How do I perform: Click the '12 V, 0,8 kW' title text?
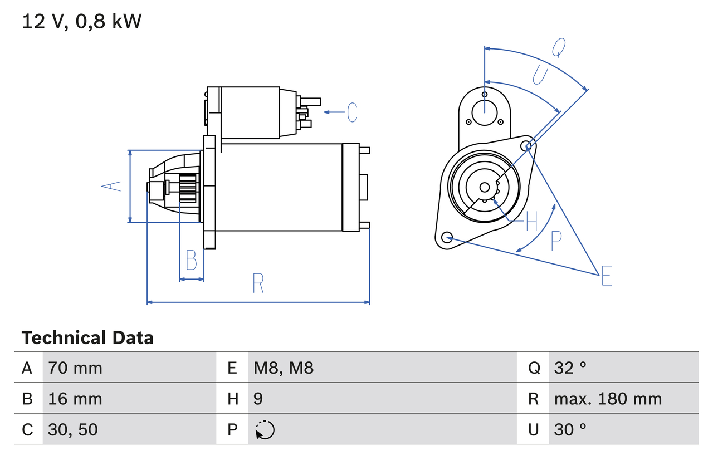pos(82,22)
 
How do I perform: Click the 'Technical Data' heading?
pos(87,338)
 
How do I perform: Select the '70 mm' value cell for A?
pos(75,368)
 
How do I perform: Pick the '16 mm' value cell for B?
pos(75,399)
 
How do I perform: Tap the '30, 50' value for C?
pos(73,429)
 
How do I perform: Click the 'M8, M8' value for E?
pos(284,368)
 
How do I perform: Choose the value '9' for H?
pos(258,399)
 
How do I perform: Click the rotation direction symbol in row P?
pos(265,430)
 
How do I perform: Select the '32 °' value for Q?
pos(570,368)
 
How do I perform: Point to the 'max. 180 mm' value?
pos(608,399)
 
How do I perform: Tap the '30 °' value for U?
pos(570,429)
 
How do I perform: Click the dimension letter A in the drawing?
pos(112,187)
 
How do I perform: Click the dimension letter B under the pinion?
pos(191,261)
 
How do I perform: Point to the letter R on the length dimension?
pos(257,283)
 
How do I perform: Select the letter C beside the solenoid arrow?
pos(351,112)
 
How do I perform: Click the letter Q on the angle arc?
pos(559,48)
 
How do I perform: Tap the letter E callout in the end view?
pos(607,276)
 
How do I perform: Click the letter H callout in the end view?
pos(531,222)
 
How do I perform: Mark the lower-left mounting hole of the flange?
pos(446,238)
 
